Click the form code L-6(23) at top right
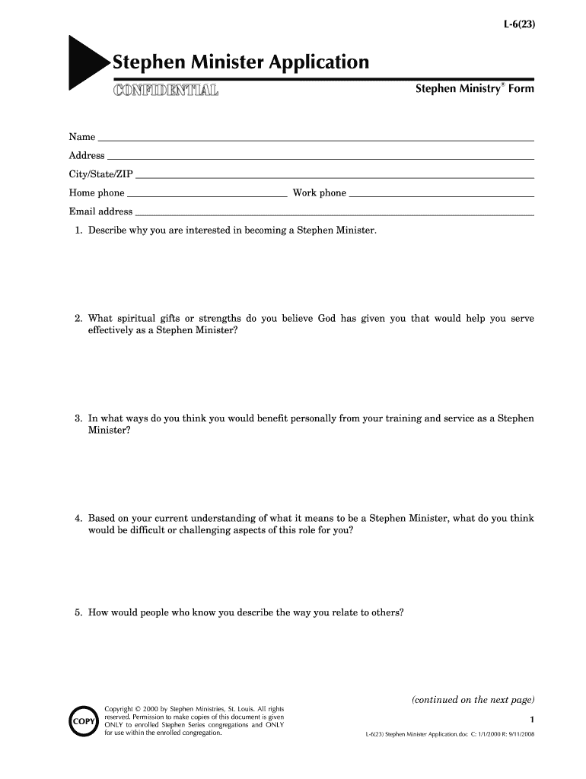tap(518, 24)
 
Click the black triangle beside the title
tap(84, 62)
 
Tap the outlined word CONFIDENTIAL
tap(165, 91)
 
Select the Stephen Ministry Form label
tap(474, 89)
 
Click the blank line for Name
tap(315, 141)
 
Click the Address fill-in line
tap(320, 159)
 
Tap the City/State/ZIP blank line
tap(334, 177)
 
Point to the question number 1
tap(78, 230)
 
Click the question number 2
tap(78, 319)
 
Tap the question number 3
tap(78, 418)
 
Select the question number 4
tap(78, 519)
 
